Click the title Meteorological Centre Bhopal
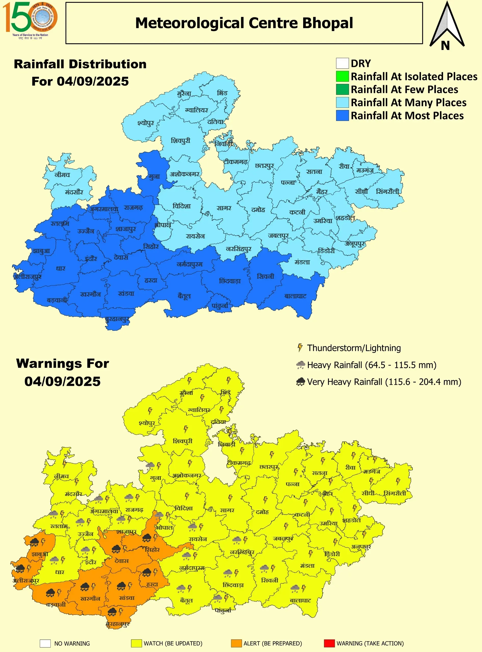[x=244, y=23]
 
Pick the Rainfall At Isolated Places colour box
[x=342, y=76]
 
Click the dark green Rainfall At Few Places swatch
[x=342, y=89]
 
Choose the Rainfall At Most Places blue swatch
[x=342, y=115]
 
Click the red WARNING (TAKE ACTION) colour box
[x=329, y=643]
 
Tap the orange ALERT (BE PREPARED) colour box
[x=236, y=643]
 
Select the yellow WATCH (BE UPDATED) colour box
[x=136, y=643]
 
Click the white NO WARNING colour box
[x=45, y=643]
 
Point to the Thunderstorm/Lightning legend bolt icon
[x=300, y=347]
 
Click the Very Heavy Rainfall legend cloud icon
[x=300, y=382]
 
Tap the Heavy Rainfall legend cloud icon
[x=300, y=365]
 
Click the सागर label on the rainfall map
[x=224, y=208]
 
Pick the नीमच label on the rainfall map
[x=62, y=175]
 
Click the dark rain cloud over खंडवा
[x=121, y=586]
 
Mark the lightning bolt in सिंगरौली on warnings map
[x=398, y=481]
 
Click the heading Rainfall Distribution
[x=80, y=64]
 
